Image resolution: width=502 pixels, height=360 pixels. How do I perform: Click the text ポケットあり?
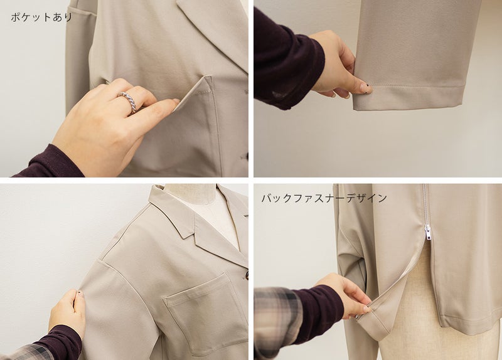point(41,18)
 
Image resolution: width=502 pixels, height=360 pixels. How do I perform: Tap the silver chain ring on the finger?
point(128,101)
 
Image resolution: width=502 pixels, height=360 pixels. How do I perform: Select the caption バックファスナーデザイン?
point(324,198)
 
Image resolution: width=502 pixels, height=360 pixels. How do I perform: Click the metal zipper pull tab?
point(428,232)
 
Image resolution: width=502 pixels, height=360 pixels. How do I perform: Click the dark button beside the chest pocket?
point(247,275)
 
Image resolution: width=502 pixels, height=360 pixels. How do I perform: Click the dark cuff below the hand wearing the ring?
point(52,162)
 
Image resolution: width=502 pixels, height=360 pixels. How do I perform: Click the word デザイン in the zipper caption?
point(366,198)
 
